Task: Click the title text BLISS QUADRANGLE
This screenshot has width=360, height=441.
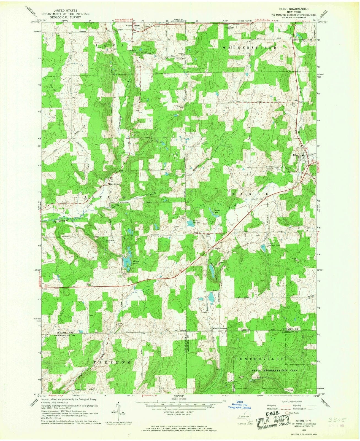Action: pos(290,9)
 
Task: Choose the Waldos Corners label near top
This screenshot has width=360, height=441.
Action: pos(133,25)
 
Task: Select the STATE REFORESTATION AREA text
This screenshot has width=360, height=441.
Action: pos(274,371)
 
